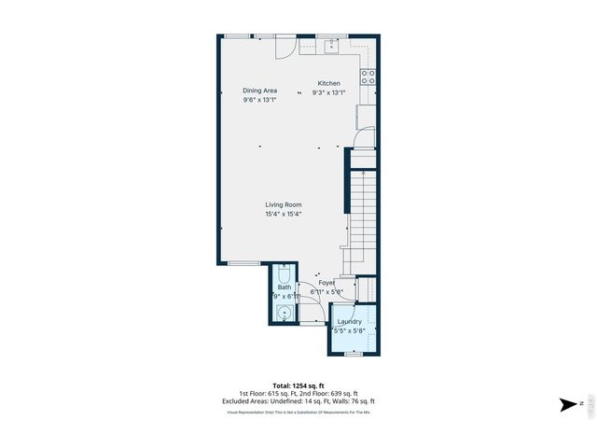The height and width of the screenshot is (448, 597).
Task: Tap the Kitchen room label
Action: tap(328, 83)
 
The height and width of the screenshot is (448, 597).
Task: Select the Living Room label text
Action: tap(283, 204)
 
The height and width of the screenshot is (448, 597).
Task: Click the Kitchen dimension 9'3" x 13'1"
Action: tap(328, 92)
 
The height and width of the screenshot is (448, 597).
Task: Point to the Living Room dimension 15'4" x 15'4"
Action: tap(283, 214)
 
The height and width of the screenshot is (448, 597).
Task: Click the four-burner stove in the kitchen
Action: tap(368, 77)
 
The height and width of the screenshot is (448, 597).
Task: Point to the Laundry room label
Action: tap(349, 321)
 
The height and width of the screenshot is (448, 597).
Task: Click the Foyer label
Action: tap(326, 282)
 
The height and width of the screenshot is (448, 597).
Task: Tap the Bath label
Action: tap(284, 287)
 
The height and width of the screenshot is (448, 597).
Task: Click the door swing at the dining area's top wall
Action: tap(288, 45)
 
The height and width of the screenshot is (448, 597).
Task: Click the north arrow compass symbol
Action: tap(569, 404)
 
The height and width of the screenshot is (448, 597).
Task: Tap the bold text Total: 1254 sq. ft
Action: tap(298, 385)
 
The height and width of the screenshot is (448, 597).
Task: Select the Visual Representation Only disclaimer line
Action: tap(298, 412)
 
